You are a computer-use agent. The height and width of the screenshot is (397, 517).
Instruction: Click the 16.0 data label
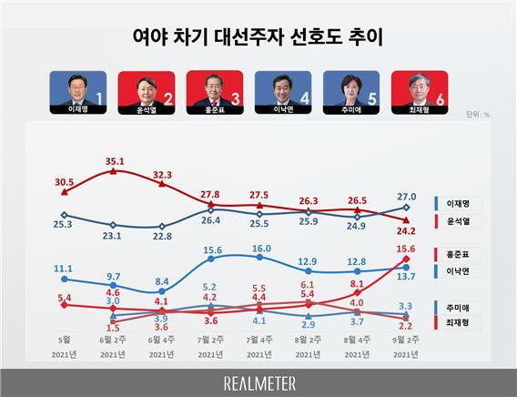(x=259, y=248)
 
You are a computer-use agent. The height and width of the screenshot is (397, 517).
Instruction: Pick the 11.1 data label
(x=64, y=270)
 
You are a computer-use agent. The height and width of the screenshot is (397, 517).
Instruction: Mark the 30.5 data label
(x=65, y=181)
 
